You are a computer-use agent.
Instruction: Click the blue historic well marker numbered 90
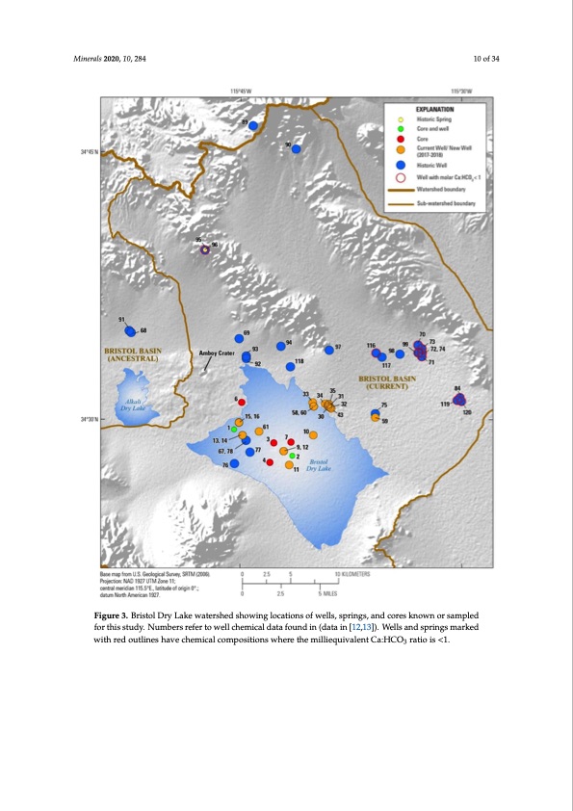297,148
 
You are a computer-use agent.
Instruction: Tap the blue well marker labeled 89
252,125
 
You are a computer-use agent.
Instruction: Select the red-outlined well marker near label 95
204,249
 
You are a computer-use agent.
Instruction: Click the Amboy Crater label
217,353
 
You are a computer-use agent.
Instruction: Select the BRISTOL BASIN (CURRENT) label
386,382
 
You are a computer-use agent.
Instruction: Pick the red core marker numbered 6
242,402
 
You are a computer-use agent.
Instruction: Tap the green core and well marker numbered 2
293,455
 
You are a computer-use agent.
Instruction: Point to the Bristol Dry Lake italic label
318,465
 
